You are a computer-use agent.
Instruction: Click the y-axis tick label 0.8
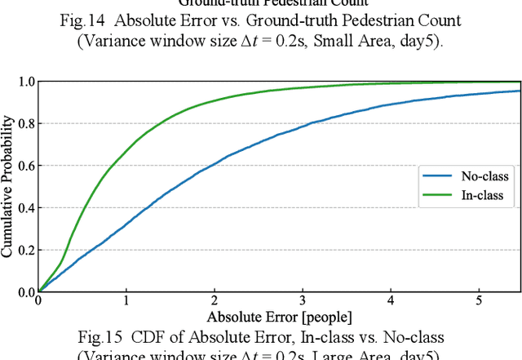(x=27, y=123)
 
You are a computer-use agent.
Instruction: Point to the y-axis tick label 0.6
(x=27, y=166)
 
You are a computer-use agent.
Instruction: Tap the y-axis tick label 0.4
(x=27, y=207)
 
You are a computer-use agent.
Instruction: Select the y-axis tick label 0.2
(x=27, y=249)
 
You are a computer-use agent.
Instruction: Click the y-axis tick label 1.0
(x=27, y=82)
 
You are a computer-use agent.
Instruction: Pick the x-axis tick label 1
(x=126, y=301)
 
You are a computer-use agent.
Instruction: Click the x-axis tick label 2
(x=215, y=301)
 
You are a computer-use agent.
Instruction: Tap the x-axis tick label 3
(x=303, y=301)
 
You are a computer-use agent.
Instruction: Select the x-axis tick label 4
(x=391, y=301)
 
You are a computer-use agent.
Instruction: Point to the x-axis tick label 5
(x=479, y=301)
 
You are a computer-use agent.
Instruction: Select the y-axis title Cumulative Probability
(x=9, y=186)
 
